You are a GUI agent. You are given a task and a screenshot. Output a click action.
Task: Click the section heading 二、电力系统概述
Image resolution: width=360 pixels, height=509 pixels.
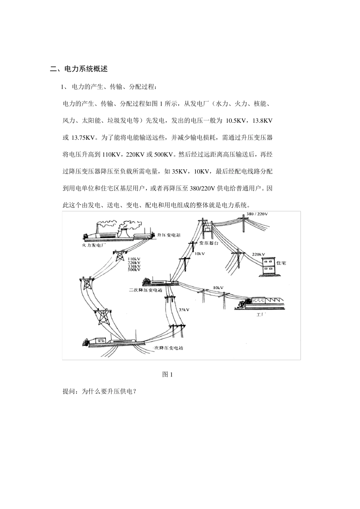click(x=79, y=69)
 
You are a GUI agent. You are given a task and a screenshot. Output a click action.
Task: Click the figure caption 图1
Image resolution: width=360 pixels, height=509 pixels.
click(x=167, y=375)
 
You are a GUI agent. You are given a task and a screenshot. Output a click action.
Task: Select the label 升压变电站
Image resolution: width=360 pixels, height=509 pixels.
click(x=168, y=235)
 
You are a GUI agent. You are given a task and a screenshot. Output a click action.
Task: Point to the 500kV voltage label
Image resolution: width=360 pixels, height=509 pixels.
click(x=134, y=270)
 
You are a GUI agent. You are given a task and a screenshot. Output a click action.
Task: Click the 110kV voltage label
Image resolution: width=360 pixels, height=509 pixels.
click(x=134, y=259)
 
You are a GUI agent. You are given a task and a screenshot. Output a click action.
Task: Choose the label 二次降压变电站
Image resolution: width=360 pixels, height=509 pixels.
click(x=146, y=290)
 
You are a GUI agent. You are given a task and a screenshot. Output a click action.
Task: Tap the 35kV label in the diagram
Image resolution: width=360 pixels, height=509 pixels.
click(x=184, y=310)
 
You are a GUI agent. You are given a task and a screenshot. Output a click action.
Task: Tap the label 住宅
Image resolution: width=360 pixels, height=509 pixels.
click(x=282, y=262)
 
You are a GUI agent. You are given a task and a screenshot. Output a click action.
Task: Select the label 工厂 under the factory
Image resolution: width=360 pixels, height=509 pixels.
click(x=260, y=314)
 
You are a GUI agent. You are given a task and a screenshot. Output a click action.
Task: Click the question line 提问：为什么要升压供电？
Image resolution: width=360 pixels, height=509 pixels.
click(x=99, y=392)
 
